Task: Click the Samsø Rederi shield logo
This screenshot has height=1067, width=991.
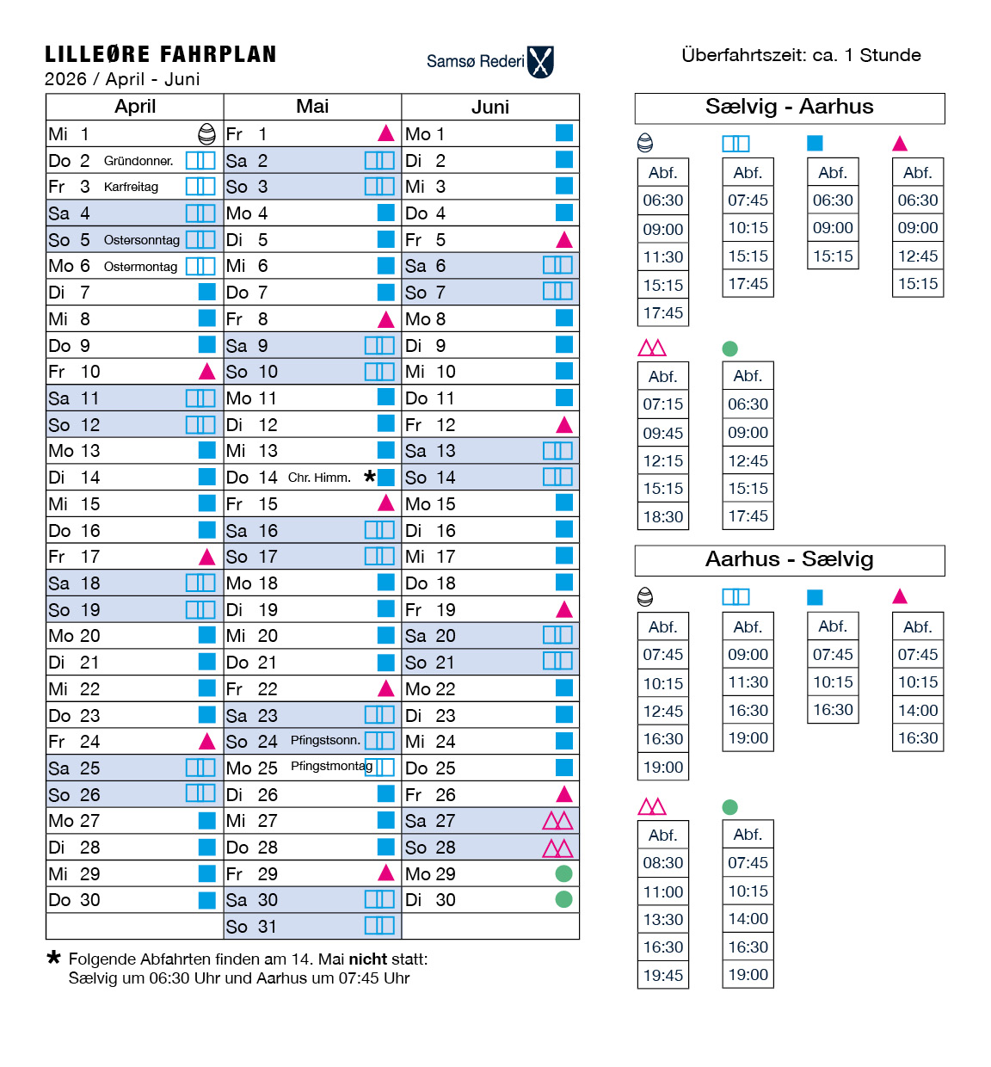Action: pyautogui.click(x=540, y=62)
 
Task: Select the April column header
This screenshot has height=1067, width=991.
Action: pyautogui.click(x=135, y=107)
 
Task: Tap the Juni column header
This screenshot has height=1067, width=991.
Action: pyautogui.click(x=490, y=107)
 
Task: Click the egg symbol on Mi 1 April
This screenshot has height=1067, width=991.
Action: pyautogui.click(x=206, y=133)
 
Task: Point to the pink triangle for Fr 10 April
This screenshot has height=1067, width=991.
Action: pyautogui.click(x=206, y=372)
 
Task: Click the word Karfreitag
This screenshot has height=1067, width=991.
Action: pyautogui.click(x=131, y=187)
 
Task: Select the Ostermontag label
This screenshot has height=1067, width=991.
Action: pyautogui.click(x=140, y=267)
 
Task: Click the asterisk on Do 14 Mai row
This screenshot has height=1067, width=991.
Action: pyautogui.click(x=369, y=477)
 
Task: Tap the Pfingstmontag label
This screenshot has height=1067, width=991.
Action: pyautogui.click(x=331, y=766)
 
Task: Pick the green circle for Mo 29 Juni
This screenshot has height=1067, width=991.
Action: pyautogui.click(x=563, y=873)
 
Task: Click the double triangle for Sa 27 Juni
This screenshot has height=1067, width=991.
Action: pyautogui.click(x=557, y=821)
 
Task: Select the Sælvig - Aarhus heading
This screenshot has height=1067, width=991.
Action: pyautogui.click(x=789, y=107)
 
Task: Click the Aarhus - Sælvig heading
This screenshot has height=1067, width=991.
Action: pyautogui.click(x=789, y=559)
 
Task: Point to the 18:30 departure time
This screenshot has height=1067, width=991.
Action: pyautogui.click(x=662, y=517)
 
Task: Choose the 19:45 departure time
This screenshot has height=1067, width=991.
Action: pyautogui.click(x=662, y=976)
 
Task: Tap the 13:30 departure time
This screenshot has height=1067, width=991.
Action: pyautogui.click(x=662, y=920)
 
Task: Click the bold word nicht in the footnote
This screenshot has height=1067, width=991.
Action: pyautogui.click(x=367, y=959)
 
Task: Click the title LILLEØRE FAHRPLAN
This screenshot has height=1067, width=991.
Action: pyautogui.click(x=161, y=55)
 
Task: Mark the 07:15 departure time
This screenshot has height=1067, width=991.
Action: pyautogui.click(x=662, y=404)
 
